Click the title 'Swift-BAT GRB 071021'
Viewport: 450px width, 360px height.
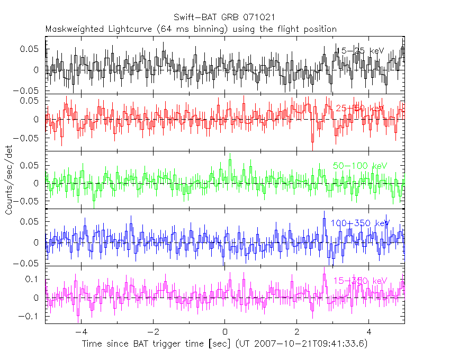pos(224,18)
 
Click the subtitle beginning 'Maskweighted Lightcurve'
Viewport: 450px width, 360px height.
pos(191,29)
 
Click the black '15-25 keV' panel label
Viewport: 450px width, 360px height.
pos(360,51)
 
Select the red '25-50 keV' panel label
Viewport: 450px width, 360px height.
pos(360,108)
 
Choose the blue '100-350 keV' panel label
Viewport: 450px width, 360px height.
pos(360,223)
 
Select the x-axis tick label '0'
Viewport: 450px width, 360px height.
pos(225,332)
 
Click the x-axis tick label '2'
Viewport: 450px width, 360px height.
pos(297,332)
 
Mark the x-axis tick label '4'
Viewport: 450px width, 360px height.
pos(369,332)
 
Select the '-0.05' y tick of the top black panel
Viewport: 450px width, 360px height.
pos(30,91)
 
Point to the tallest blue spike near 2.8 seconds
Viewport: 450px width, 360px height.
pos(324,219)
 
